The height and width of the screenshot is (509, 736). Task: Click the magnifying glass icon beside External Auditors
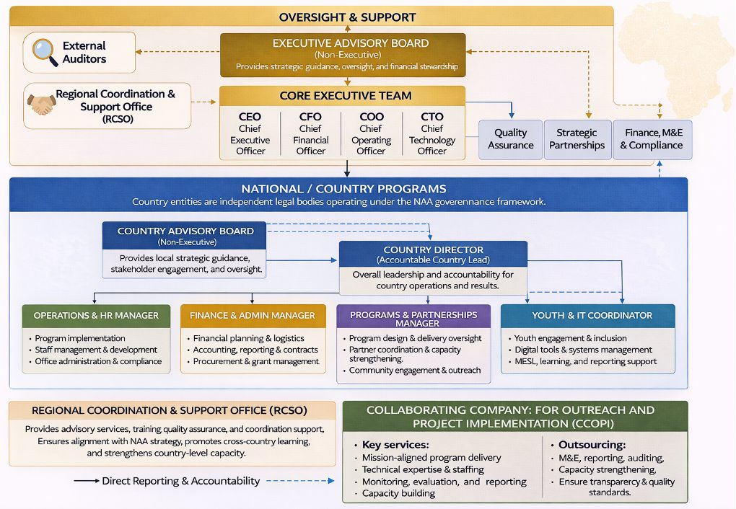(45, 52)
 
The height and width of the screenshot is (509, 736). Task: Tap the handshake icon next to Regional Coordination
(41, 105)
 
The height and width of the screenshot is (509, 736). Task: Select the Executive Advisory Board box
(343, 55)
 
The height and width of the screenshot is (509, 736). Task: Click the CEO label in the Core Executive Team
(250, 117)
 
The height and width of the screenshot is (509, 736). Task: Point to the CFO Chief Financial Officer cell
(310, 133)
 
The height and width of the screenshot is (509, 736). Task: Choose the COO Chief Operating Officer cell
(371, 133)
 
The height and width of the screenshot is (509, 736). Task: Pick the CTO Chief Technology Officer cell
(431, 133)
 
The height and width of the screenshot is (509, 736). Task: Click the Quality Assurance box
(510, 139)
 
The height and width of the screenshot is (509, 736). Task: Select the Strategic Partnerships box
(577, 139)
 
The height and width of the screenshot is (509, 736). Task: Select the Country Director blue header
(433, 254)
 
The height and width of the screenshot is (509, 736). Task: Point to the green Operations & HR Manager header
(96, 316)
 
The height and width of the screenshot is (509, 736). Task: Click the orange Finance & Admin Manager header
(253, 316)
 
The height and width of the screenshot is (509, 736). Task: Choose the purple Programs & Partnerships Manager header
(413, 319)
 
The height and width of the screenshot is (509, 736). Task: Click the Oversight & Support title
(347, 17)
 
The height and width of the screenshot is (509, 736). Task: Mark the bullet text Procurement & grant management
(255, 361)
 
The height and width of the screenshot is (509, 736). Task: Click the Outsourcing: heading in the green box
(592, 445)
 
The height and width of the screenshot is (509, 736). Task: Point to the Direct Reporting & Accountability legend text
(180, 481)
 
